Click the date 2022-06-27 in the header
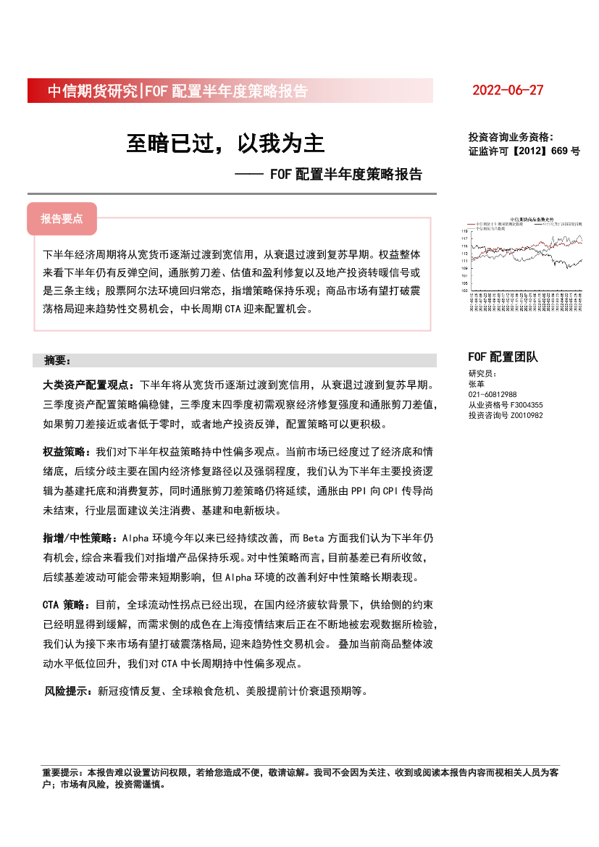pyautogui.click(x=507, y=91)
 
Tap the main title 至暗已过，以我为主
pyautogui.click(x=225, y=143)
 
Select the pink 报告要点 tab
pyautogui.click(x=62, y=219)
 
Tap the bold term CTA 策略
pyautogui.click(x=67, y=604)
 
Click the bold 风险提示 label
pyautogui.click(x=70, y=691)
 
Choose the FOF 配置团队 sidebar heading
pyautogui.click(x=503, y=356)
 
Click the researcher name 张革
pyautogui.click(x=476, y=383)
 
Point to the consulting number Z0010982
pyautogui.click(x=527, y=415)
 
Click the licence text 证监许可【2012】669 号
pyautogui.click(x=524, y=152)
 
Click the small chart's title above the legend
pyautogui.click(x=531, y=219)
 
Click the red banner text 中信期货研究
pyautogui.click(x=92, y=91)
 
